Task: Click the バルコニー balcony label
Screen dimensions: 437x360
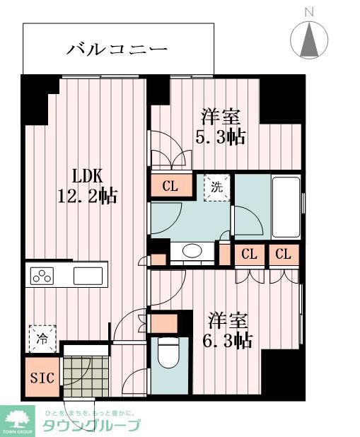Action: point(117,49)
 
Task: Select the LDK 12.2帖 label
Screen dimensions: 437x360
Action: point(87,186)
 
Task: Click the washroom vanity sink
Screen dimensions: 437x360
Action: point(192,251)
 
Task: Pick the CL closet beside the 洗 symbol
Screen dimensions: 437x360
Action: point(170,187)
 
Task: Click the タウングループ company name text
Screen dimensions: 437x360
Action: point(91,425)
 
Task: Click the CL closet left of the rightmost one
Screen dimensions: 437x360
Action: point(249,254)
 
